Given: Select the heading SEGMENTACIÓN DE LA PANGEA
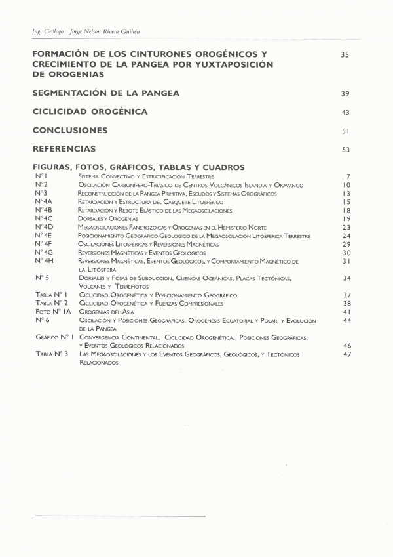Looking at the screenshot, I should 105,93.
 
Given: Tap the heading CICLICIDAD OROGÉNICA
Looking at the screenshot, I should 90,112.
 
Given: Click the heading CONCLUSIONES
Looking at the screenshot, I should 70,131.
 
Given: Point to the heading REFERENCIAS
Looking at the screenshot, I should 64,149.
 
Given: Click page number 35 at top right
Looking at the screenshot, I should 346,54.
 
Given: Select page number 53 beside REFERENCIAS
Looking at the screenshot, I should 346,150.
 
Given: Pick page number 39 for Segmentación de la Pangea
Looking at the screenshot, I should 346,94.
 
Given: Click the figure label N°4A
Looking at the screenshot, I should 44,202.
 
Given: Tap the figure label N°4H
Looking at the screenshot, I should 45,261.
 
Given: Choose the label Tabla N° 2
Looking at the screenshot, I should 52,304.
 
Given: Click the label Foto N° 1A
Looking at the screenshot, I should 53,312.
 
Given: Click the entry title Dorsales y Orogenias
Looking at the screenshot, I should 108,218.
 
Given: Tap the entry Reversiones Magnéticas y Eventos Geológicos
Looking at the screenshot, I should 141,253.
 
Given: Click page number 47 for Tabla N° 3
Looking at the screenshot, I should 347,354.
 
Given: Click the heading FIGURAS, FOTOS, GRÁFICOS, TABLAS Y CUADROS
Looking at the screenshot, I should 138,167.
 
